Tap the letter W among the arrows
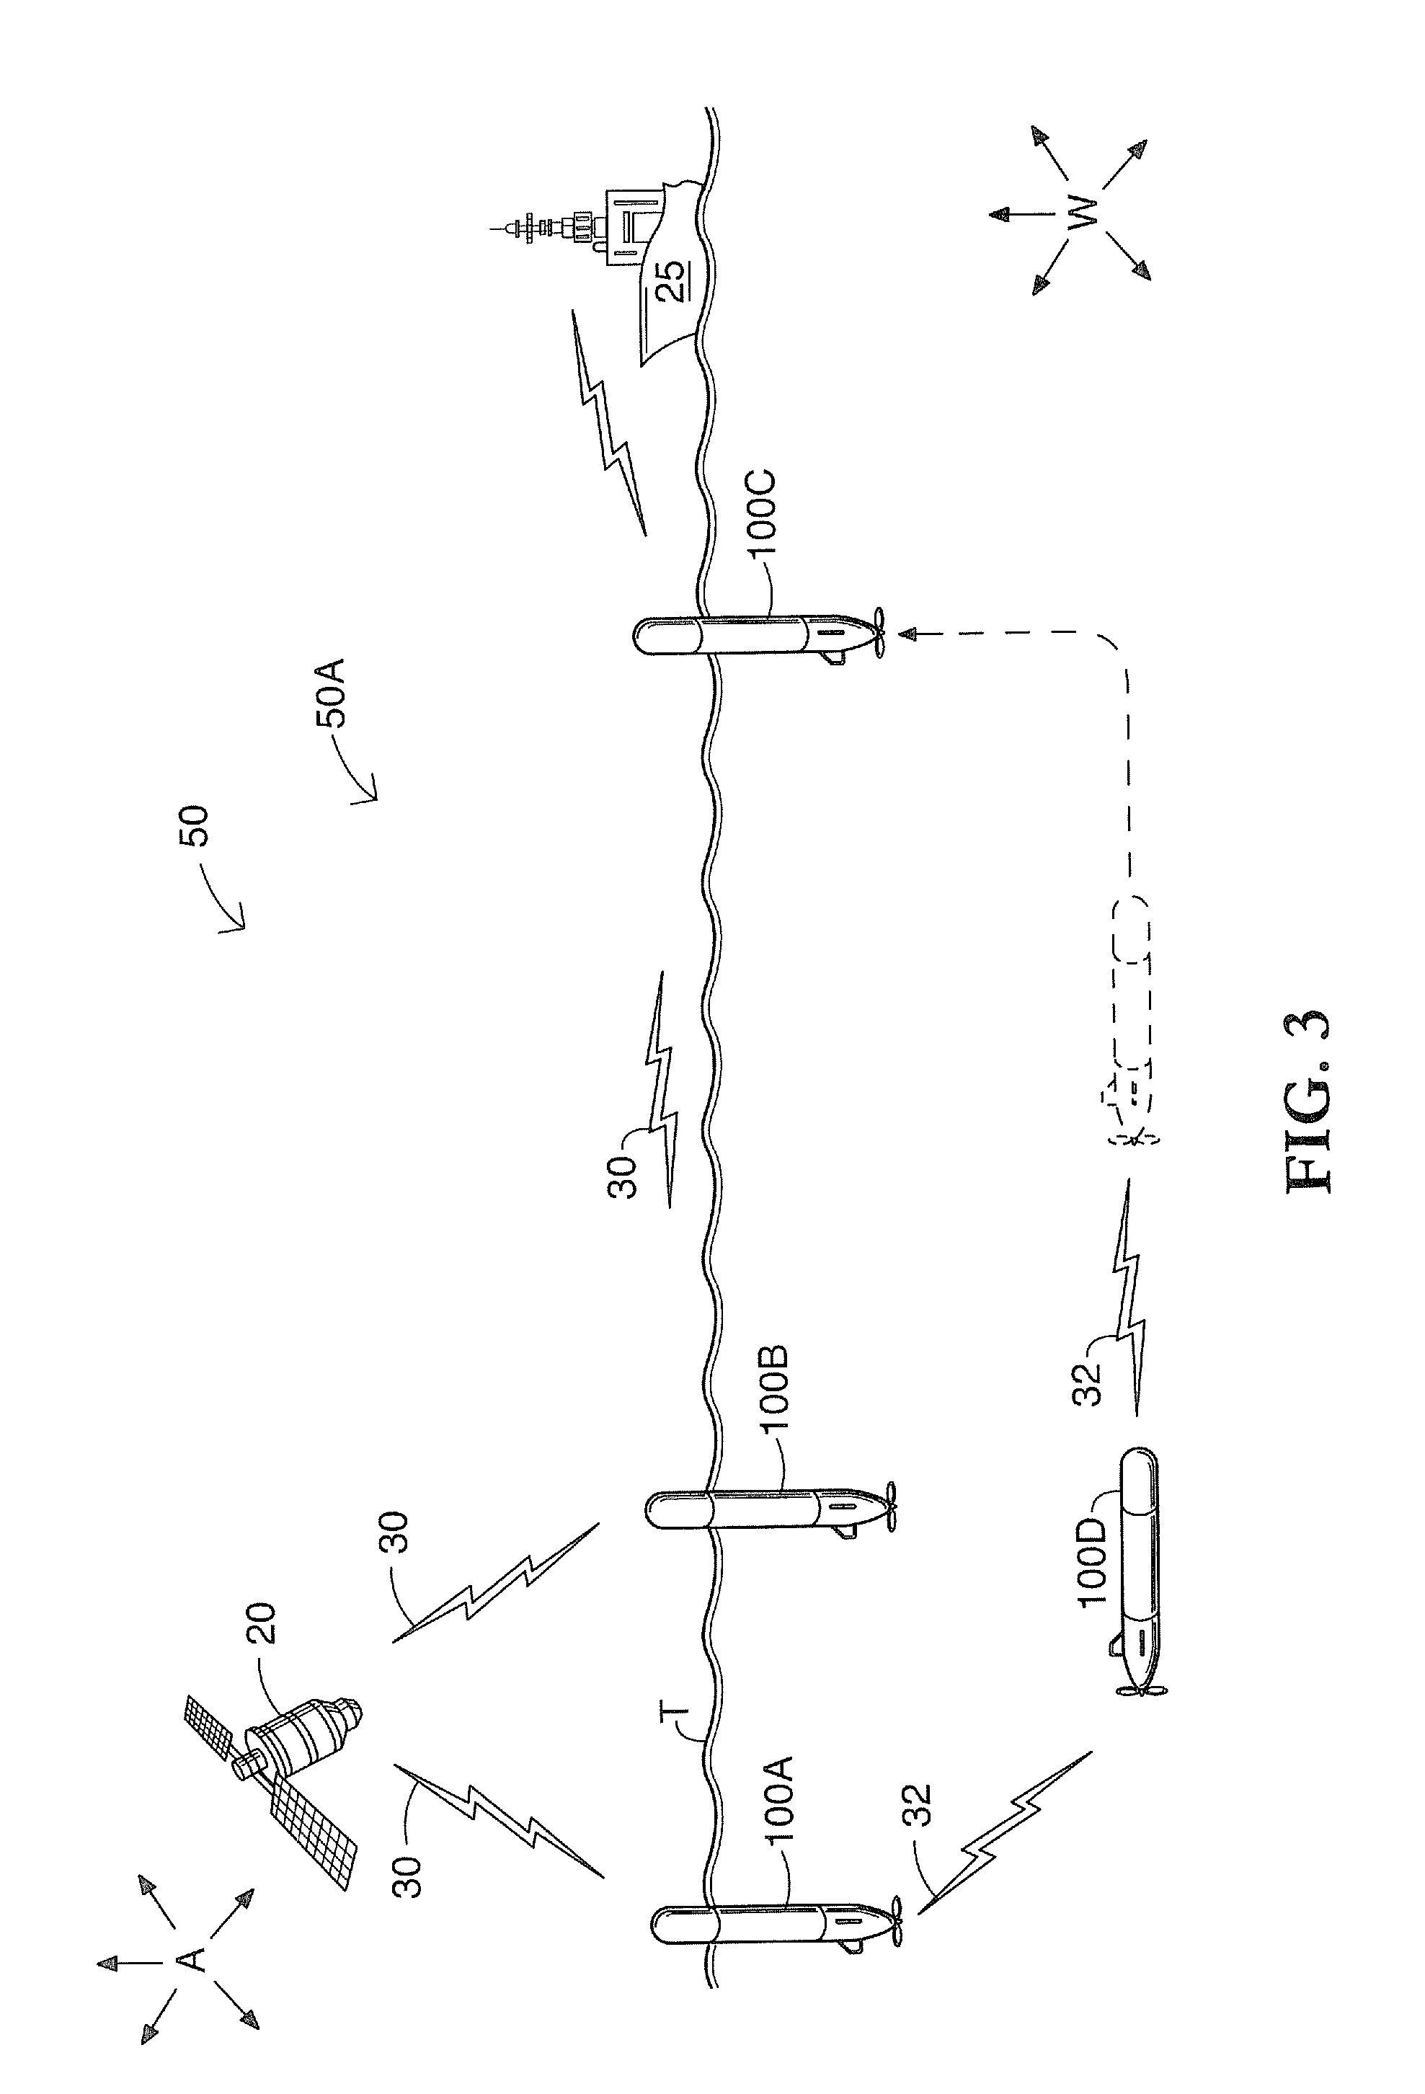1082,213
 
